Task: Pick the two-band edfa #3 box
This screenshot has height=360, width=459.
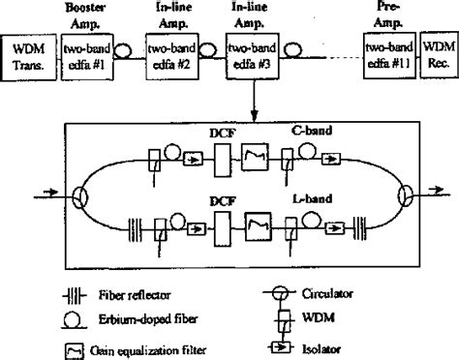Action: pyautogui.click(x=247, y=53)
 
